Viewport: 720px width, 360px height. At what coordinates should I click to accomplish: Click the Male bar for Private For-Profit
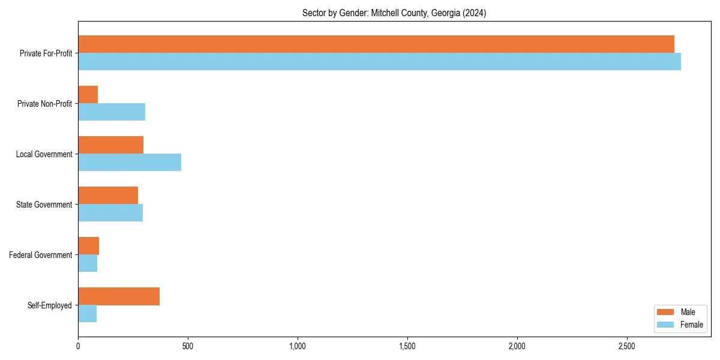[x=376, y=44]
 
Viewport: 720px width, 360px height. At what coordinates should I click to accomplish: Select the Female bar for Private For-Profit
[x=379, y=62]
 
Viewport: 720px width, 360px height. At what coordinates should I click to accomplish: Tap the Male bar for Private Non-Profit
[x=88, y=95]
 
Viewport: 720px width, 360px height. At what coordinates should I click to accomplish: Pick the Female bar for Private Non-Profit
[x=112, y=112]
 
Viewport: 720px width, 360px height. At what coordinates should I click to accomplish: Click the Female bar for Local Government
[x=130, y=163]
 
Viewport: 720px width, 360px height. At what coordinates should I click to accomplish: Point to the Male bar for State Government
[x=108, y=196]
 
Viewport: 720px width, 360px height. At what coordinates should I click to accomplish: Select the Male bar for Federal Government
[x=89, y=246]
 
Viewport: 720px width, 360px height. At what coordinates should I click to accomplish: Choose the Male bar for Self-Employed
[x=119, y=296]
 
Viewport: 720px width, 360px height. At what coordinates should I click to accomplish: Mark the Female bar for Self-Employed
[x=88, y=314]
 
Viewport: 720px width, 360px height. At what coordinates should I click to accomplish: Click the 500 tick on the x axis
[x=188, y=347]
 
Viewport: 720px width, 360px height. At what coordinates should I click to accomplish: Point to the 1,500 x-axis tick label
[x=407, y=347]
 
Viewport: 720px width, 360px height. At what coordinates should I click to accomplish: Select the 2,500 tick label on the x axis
[x=626, y=347]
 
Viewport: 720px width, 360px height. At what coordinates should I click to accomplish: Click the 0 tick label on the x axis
[x=78, y=347]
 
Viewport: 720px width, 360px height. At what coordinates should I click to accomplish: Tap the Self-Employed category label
[x=50, y=305]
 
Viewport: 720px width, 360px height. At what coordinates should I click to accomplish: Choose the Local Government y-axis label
[x=44, y=154]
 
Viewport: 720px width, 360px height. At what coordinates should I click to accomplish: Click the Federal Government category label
[x=41, y=255]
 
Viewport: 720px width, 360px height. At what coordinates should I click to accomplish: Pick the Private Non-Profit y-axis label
[x=45, y=104]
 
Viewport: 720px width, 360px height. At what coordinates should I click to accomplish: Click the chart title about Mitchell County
[x=394, y=13]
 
